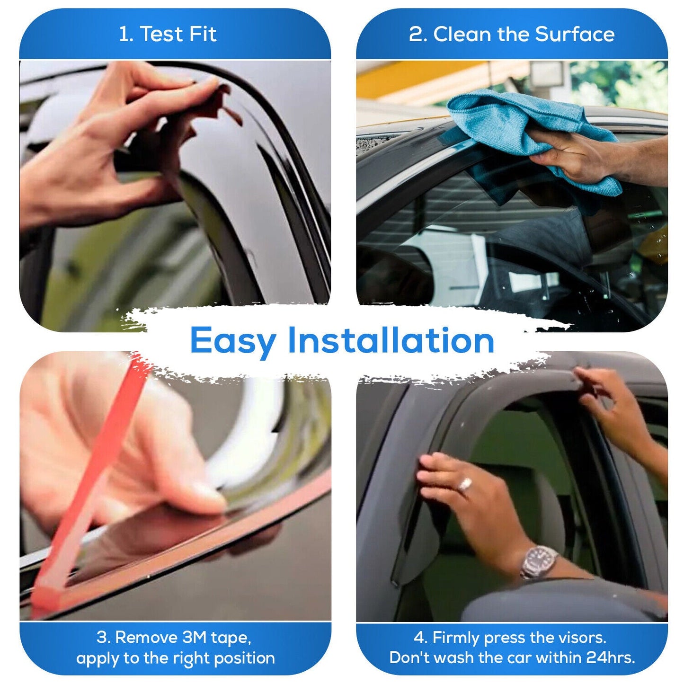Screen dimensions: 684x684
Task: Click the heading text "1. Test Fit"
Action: (x=168, y=34)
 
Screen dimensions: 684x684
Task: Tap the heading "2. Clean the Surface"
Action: (x=511, y=34)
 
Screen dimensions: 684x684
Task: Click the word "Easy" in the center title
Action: (x=233, y=341)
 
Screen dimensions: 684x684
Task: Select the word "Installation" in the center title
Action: (x=391, y=340)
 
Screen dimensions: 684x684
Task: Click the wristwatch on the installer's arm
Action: (x=539, y=561)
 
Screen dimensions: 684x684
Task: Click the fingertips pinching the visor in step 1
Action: (x=208, y=88)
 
